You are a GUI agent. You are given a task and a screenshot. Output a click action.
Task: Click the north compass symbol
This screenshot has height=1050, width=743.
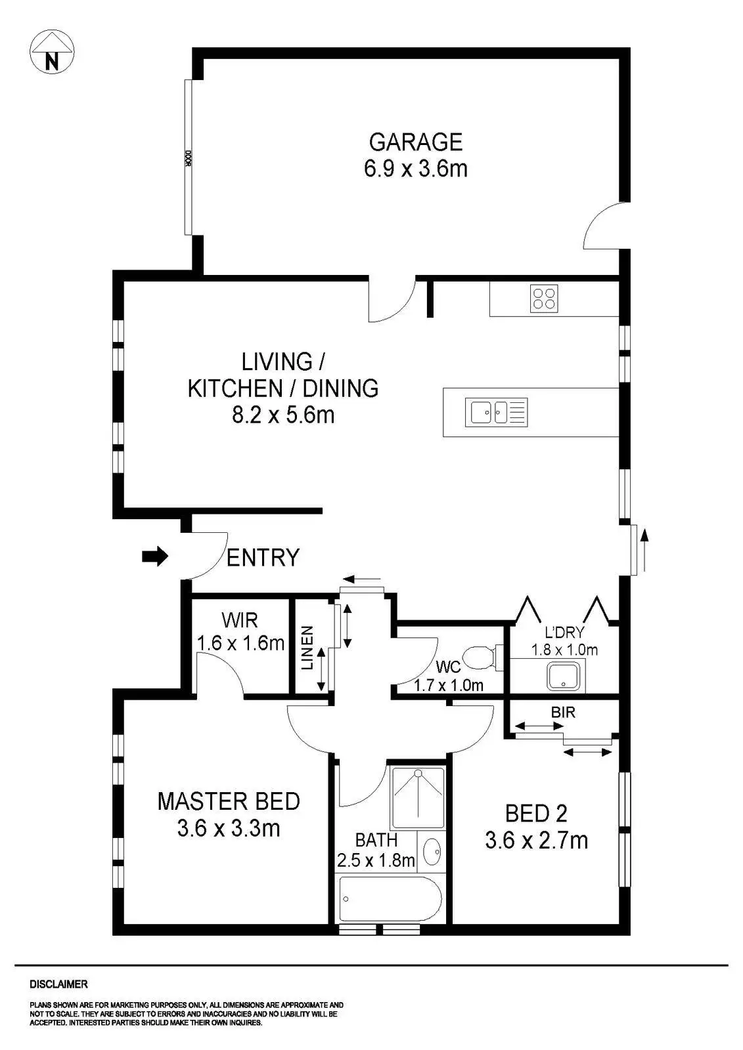52,52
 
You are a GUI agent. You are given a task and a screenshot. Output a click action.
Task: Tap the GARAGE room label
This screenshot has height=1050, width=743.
416,142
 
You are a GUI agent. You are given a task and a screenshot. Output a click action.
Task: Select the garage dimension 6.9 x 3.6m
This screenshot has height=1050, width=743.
416,169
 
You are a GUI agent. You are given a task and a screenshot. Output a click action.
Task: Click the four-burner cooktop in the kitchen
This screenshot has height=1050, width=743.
544,299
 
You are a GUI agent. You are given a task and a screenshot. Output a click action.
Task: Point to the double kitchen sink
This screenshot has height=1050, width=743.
496,413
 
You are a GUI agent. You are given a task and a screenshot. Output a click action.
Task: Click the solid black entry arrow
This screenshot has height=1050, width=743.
155,556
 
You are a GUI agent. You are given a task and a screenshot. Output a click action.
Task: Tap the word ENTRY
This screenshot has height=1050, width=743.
263,558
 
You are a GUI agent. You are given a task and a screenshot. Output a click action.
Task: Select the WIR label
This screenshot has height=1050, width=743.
240,621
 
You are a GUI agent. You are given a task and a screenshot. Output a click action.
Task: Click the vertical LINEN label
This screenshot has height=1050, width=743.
307,648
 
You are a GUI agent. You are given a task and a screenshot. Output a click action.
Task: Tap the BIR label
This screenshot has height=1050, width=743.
563,713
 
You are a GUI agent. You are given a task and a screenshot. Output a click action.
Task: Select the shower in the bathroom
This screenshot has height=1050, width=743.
417,797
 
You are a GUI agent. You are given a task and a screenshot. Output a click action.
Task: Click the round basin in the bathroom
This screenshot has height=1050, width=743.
432,852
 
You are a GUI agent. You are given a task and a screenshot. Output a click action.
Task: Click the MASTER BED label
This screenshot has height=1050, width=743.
229,801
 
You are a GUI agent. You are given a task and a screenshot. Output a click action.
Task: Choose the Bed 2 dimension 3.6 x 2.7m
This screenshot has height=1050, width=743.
537,841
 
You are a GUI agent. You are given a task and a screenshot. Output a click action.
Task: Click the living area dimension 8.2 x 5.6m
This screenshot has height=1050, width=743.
283,415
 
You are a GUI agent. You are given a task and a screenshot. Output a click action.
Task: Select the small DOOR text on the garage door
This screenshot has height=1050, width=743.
189,158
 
